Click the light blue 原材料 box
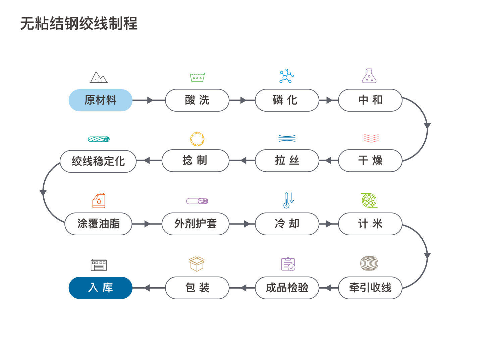click(x=100, y=100)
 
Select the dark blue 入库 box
click(x=100, y=288)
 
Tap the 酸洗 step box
click(x=197, y=100)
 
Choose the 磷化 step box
click(x=287, y=100)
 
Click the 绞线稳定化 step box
click(x=98, y=161)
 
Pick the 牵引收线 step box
click(x=370, y=288)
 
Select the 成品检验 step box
click(x=287, y=288)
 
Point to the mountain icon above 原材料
click(x=99, y=77)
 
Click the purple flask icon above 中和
click(x=369, y=76)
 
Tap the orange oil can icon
click(x=99, y=200)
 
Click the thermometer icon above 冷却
click(x=288, y=200)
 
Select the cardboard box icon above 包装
click(x=197, y=264)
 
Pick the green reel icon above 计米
click(x=369, y=200)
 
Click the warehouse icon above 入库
click(x=99, y=265)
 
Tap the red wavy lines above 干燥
click(x=371, y=138)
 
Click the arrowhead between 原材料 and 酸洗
click(x=150, y=100)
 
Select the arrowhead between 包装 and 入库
click(x=147, y=288)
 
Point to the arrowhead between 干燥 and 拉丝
click(x=328, y=161)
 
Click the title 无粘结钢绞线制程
click(x=79, y=23)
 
